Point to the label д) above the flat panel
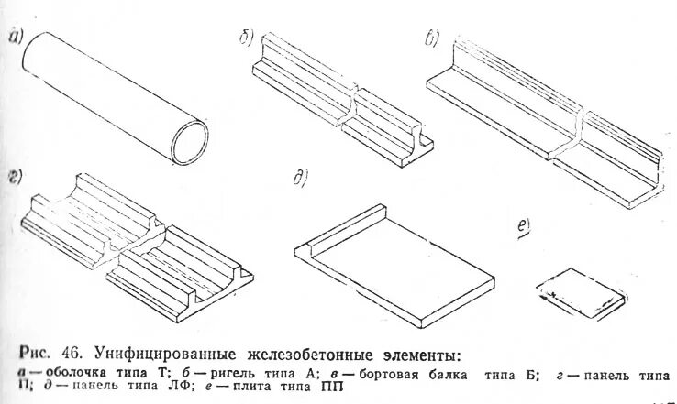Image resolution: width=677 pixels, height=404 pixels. point(298,178)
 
